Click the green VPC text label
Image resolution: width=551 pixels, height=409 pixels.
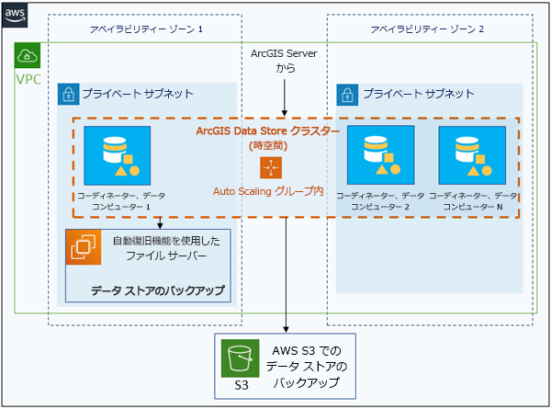(x=28, y=80)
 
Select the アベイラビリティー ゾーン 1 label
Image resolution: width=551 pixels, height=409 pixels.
(x=143, y=29)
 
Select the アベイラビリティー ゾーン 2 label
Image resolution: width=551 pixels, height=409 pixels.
(x=427, y=29)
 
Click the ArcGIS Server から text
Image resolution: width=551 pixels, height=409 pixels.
(x=284, y=62)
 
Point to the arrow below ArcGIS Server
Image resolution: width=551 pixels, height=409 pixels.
(x=285, y=97)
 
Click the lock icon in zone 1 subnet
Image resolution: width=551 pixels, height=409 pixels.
(x=68, y=94)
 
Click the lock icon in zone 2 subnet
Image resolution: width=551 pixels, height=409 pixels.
(x=347, y=94)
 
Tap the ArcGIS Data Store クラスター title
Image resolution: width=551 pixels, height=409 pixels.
(x=268, y=131)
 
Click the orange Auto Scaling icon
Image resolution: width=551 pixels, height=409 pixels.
(x=271, y=167)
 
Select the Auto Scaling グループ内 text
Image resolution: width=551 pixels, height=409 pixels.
(x=268, y=191)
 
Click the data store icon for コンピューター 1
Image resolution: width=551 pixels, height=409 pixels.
(x=117, y=155)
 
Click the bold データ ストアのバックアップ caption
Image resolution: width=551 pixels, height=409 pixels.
(x=157, y=291)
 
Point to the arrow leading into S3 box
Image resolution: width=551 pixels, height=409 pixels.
(x=288, y=312)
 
